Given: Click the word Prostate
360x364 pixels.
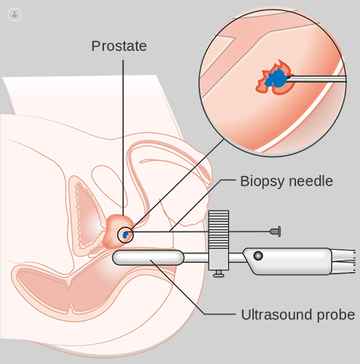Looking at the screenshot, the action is [119, 46].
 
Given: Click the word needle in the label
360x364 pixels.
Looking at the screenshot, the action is [311, 181].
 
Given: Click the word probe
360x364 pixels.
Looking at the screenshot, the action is [336, 315].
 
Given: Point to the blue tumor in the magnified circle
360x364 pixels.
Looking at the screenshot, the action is [276, 78].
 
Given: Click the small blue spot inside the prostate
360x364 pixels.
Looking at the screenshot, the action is [125, 235].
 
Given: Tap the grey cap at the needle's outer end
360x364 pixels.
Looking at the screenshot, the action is [276, 232].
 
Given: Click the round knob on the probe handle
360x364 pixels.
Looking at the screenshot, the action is [258, 256].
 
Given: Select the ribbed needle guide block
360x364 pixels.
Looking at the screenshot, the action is [218, 230].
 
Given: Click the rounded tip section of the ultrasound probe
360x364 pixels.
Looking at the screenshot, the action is [148, 258].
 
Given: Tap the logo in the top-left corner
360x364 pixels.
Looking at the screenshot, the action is [15, 14].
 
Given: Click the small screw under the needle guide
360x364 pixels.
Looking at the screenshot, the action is [218, 274].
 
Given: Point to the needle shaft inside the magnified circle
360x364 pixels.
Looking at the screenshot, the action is [316, 79].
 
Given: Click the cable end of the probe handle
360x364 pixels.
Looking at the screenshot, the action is [343, 261].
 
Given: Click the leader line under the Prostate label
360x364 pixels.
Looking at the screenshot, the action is [123, 138].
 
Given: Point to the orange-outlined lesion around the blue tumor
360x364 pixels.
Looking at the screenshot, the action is [274, 77].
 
